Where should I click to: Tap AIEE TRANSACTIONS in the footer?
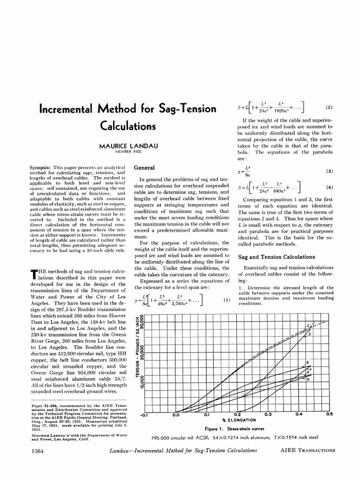click(x=308, y=450)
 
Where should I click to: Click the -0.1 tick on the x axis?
click(x=144, y=414)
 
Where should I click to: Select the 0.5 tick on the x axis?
click(x=329, y=414)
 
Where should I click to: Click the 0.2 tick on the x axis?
click(x=237, y=414)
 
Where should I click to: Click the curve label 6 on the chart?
click(x=307, y=363)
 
